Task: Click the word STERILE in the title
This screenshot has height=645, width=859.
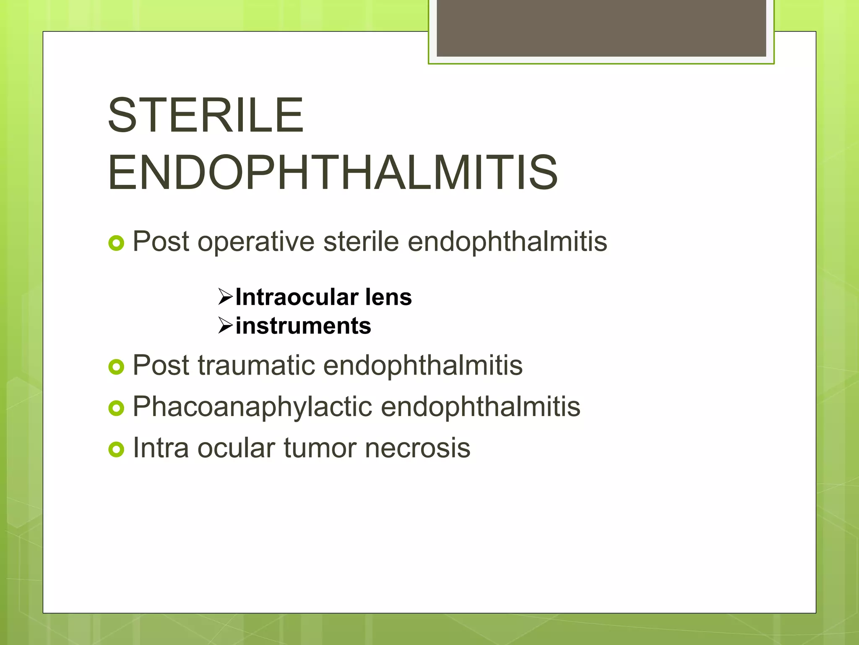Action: [206, 115]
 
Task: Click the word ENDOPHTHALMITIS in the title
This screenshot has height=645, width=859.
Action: [333, 173]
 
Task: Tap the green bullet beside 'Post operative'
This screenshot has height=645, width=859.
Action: [116, 243]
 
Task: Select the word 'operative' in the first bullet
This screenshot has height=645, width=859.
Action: [256, 242]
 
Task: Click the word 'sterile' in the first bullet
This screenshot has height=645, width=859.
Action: [361, 242]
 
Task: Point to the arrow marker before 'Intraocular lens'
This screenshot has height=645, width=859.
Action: [225, 297]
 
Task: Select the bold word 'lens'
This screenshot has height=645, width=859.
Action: [388, 297]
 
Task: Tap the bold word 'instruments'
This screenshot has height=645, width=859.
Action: [303, 326]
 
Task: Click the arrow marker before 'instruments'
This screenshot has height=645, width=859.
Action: [225, 325]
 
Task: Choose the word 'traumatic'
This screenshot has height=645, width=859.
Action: [256, 365]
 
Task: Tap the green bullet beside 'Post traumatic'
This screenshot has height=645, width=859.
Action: [116, 367]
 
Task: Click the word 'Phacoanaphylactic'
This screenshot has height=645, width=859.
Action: [252, 407]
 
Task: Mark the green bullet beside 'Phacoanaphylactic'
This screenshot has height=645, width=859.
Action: [116, 408]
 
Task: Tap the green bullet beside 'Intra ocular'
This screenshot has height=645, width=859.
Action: [116, 449]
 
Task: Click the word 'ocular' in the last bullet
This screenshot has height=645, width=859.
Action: [236, 448]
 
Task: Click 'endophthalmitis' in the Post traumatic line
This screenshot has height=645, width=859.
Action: [423, 365]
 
